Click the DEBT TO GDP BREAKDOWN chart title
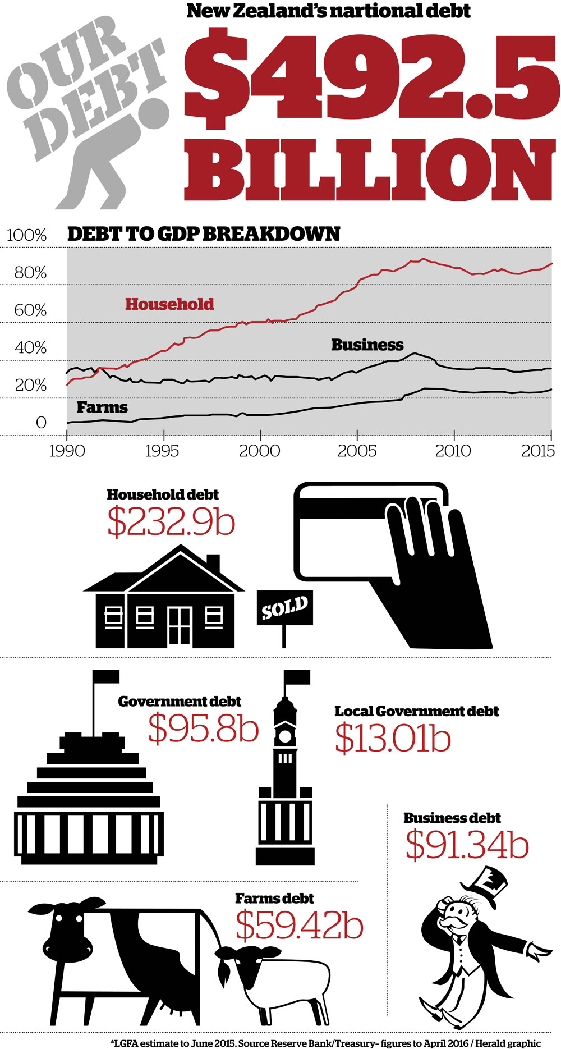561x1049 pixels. coord(204,234)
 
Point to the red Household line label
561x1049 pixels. coord(169,304)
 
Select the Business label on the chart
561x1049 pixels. coord(367,345)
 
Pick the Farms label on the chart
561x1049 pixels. coord(102,407)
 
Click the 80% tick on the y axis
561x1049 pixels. coord(30,273)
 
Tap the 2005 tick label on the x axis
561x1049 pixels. coord(357,451)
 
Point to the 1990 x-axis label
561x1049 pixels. coord(67,451)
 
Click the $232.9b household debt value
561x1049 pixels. coord(171,522)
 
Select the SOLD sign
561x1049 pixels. coord(285,607)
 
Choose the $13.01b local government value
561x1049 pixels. coord(393,738)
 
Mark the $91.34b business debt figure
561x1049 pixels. coord(467,845)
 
